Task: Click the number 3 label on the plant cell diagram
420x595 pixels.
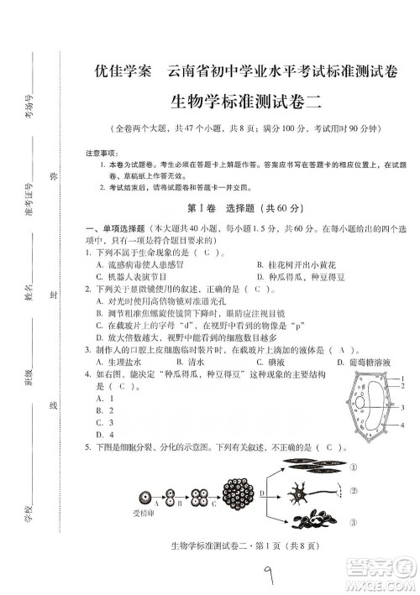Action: click(404, 407)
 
